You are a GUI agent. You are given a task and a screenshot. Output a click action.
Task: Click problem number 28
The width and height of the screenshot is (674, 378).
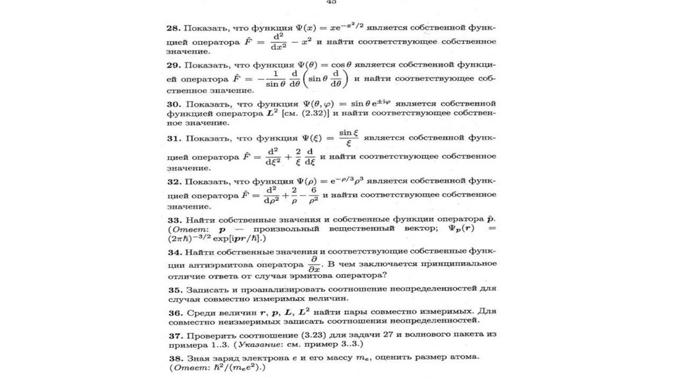click(x=172, y=29)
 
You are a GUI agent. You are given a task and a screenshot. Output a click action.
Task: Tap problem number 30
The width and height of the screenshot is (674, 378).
click(x=172, y=104)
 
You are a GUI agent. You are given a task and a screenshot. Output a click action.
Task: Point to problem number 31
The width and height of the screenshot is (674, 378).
click(x=172, y=140)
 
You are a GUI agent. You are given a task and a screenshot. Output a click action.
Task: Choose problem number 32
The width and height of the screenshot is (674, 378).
click(x=172, y=181)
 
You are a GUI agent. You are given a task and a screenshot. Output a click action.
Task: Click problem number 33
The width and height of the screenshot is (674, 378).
click(x=172, y=219)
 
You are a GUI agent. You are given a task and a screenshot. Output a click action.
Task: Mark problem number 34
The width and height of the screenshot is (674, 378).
click(x=172, y=252)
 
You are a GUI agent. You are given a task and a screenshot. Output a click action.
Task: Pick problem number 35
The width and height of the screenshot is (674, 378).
click(x=172, y=289)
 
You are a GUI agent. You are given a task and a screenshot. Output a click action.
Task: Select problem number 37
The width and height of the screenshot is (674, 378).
click(x=172, y=335)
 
